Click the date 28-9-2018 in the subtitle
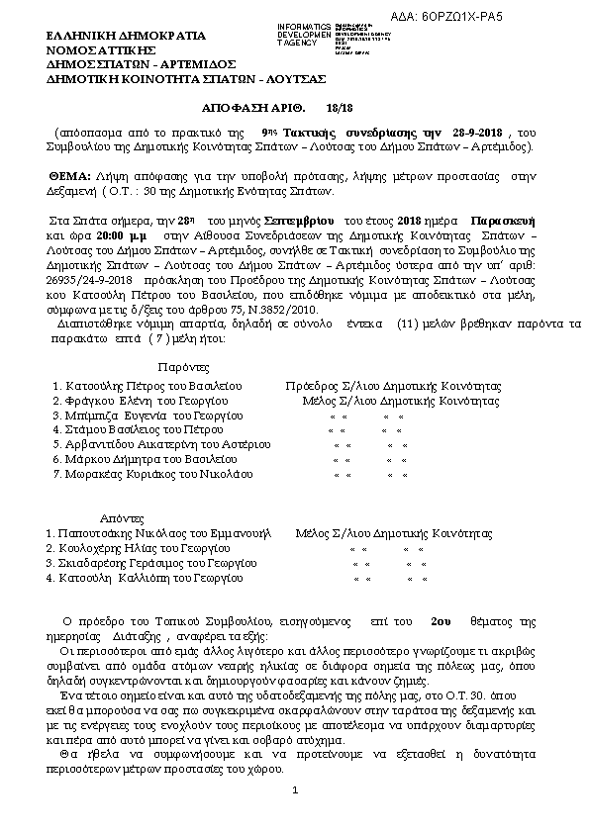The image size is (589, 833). (480, 132)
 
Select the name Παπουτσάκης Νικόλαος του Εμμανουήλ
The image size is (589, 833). (157, 532)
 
